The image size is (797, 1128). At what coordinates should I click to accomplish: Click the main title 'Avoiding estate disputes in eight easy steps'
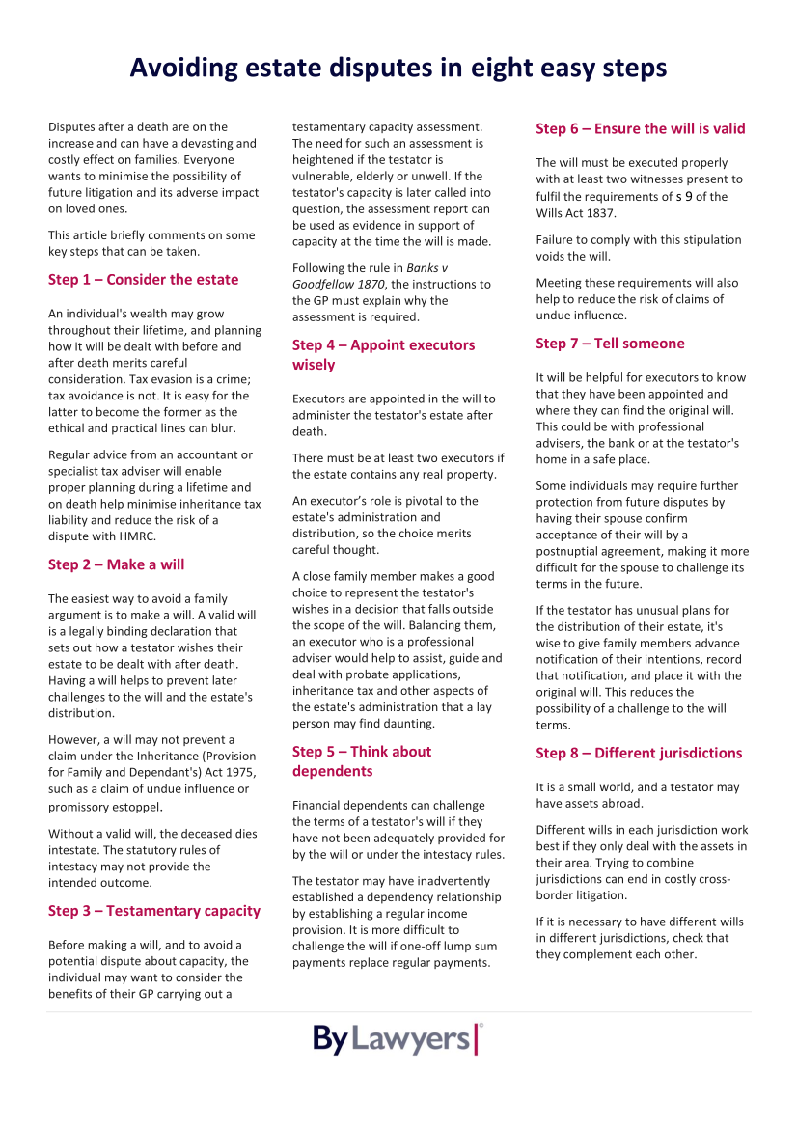click(x=398, y=69)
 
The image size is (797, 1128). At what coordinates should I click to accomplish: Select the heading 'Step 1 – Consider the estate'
click(x=143, y=280)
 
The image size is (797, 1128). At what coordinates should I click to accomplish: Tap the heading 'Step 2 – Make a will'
click(x=116, y=564)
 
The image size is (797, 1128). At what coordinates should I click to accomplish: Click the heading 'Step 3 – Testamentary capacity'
click(x=154, y=911)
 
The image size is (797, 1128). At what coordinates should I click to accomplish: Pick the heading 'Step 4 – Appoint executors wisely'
click(x=383, y=354)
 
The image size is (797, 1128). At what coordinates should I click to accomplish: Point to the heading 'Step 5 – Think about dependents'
click(x=362, y=761)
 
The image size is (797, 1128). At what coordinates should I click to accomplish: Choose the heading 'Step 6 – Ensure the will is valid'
click(x=641, y=128)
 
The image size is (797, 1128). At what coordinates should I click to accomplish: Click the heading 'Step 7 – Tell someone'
click(x=610, y=344)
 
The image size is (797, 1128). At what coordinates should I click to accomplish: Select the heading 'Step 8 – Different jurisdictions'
click(x=639, y=753)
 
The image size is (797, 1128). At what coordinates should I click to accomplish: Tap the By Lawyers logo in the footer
click(x=398, y=1039)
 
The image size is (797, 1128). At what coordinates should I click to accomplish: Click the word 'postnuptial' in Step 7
click(x=568, y=552)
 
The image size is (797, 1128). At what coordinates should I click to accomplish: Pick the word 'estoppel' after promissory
click(x=141, y=807)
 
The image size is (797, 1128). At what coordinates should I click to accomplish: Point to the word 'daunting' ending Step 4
click(x=408, y=724)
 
